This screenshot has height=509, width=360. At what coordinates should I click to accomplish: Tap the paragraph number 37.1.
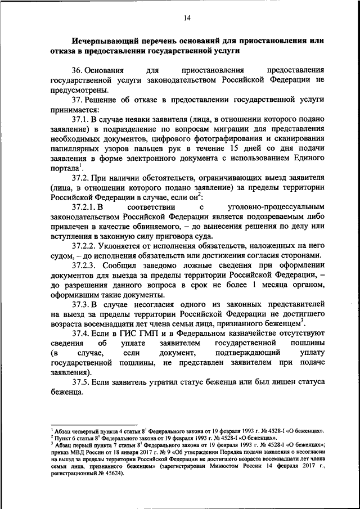82,119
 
